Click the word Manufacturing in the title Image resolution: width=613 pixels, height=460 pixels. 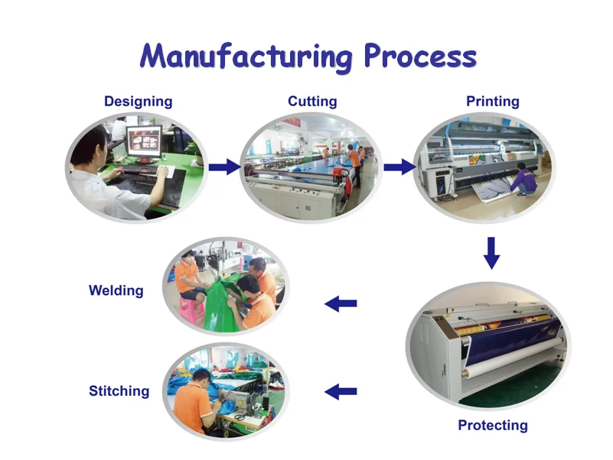click(x=246, y=57)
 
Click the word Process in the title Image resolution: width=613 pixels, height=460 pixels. click(x=419, y=57)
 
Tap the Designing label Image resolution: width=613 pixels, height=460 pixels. click(x=138, y=102)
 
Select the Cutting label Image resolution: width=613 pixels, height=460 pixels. click(x=312, y=102)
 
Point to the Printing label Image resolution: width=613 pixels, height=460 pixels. click(x=493, y=102)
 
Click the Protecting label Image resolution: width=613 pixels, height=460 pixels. click(x=493, y=426)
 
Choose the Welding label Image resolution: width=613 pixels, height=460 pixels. click(x=116, y=290)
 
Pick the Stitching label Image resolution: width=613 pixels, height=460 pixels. click(x=119, y=391)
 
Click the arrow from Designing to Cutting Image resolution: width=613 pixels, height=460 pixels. click(x=224, y=167)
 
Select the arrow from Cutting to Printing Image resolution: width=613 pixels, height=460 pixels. click(x=399, y=167)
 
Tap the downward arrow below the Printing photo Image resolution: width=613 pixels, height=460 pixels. click(x=492, y=253)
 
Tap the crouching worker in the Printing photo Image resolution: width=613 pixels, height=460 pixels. click(x=524, y=180)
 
